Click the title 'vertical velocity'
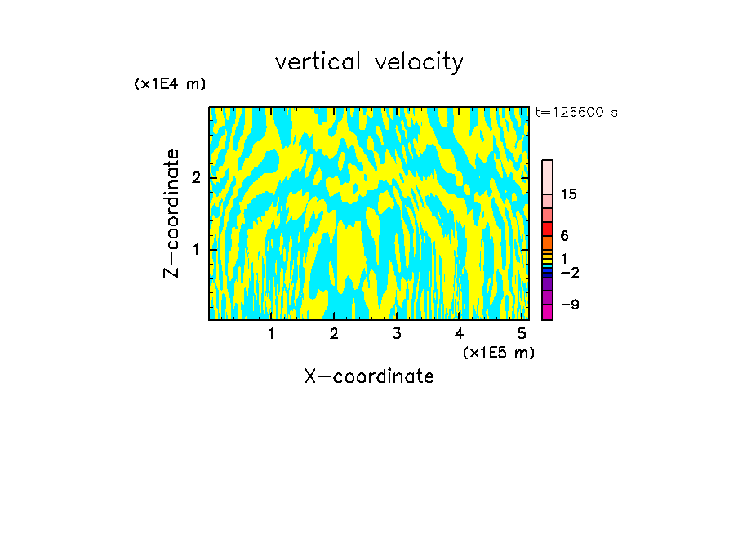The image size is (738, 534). point(369,62)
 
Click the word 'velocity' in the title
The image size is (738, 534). point(419,62)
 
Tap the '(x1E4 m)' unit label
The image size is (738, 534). point(170,84)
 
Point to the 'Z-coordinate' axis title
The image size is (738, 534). point(171,213)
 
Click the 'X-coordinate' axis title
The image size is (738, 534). point(369,376)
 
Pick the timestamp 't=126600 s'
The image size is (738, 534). point(576,113)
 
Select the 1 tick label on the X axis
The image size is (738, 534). point(271,333)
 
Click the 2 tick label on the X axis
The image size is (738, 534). point(334,333)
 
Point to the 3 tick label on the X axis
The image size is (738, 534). point(396,333)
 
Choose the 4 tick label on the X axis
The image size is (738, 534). point(459,333)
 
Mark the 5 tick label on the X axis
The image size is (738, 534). point(522,333)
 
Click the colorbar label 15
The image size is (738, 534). point(569,194)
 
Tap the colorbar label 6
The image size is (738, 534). point(564,235)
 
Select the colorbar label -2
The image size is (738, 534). point(569,272)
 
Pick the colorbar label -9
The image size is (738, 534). point(569,305)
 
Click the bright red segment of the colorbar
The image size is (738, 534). point(547,229)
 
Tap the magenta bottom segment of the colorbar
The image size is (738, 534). point(547,312)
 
